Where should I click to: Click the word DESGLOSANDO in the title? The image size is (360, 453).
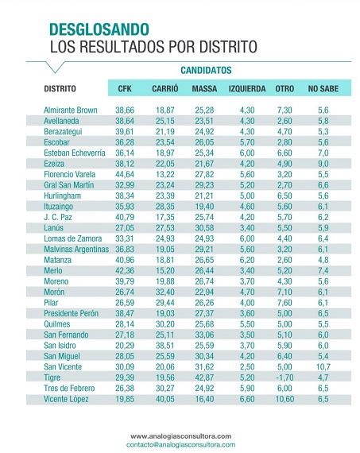(99, 29)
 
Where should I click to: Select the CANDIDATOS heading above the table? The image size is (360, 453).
(206, 70)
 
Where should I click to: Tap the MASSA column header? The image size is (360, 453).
(204, 88)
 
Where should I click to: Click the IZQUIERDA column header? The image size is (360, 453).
(247, 88)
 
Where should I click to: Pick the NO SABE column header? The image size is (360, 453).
(323, 88)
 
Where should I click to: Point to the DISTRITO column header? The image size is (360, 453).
(60, 88)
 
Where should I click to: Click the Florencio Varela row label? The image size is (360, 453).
(70, 174)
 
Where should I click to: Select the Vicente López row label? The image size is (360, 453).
(66, 399)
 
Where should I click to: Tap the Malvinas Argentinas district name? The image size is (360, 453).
(76, 249)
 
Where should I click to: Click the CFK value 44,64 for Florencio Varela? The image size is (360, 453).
(125, 174)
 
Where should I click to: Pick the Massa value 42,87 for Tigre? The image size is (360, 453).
(204, 377)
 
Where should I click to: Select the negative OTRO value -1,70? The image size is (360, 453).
(285, 377)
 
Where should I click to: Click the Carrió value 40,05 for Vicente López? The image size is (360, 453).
(165, 399)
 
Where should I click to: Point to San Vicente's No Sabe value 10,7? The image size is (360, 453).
(323, 367)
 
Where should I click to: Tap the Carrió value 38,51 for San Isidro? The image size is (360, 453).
(165, 346)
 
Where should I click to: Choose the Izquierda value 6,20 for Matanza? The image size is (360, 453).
(247, 260)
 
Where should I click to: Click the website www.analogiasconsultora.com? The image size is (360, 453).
(180, 436)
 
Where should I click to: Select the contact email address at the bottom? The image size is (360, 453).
(180, 444)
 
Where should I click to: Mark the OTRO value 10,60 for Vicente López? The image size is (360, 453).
(285, 399)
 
